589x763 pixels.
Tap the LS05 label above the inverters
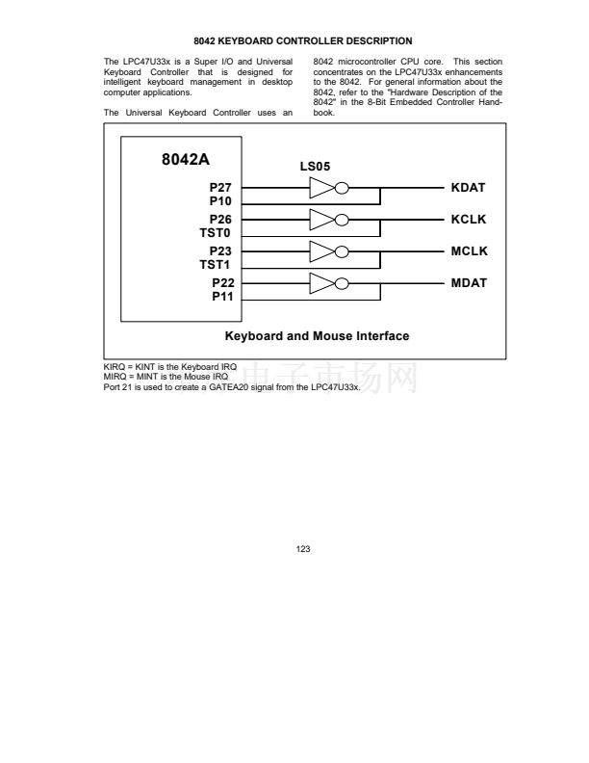point(317,166)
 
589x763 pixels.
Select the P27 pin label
point(222,187)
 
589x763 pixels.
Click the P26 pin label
point(222,220)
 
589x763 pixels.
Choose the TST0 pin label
point(217,232)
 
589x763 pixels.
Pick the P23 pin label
point(222,251)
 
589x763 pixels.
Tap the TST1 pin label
point(217,264)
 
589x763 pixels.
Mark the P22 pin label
point(222,283)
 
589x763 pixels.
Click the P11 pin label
point(222,297)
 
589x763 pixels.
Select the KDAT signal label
point(469,187)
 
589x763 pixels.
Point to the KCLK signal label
point(469,220)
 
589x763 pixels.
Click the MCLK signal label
point(469,251)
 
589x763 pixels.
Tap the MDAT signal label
point(469,283)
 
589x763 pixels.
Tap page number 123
point(303,548)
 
